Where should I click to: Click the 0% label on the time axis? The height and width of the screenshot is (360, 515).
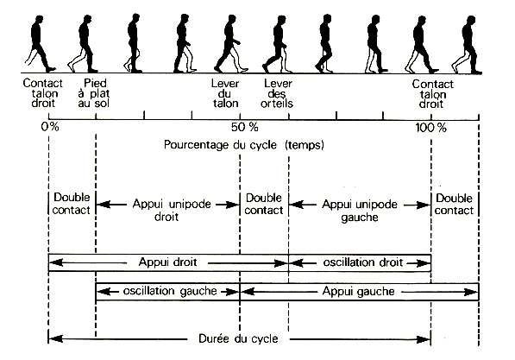tap(50, 127)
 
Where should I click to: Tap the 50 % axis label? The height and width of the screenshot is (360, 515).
tap(244, 127)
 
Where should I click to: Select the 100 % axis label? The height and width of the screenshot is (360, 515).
tap(431, 127)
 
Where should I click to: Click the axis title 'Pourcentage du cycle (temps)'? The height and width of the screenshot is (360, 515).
tap(244, 145)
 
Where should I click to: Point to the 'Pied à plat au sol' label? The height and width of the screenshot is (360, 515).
tap(94, 93)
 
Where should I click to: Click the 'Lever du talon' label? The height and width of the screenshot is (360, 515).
tap(225, 93)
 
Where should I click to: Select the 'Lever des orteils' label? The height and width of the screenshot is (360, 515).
tap(277, 93)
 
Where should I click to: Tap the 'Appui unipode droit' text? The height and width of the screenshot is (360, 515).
tap(172, 210)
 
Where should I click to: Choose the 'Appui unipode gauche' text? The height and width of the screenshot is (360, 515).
tap(360, 211)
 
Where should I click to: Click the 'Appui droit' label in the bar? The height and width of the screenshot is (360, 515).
tap(168, 262)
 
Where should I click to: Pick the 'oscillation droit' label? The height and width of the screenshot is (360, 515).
tap(363, 262)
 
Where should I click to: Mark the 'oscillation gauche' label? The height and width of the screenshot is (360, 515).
tap(170, 291)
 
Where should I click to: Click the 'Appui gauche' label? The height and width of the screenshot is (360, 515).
tap(358, 291)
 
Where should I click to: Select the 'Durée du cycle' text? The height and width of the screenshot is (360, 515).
tap(238, 338)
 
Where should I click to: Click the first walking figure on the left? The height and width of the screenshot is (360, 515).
tap(40, 43)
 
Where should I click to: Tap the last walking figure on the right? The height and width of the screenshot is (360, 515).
tap(467, 44)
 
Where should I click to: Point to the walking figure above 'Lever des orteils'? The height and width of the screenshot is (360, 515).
tap(277, 44)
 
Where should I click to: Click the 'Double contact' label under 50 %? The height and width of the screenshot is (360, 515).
tap(264, 204)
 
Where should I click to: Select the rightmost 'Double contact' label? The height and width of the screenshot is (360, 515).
tap(454, 204)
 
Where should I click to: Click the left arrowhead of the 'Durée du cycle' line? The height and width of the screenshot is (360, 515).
tap(55, 338)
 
